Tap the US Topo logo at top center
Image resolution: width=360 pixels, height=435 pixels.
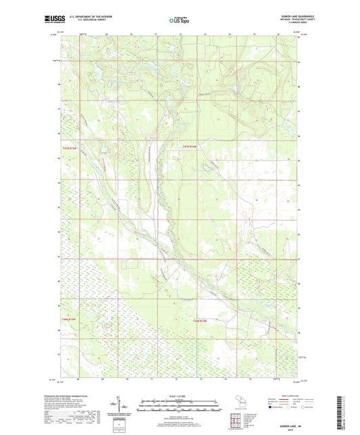tap(179, 20)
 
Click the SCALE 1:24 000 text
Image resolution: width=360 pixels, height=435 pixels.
tap(180, 396)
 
